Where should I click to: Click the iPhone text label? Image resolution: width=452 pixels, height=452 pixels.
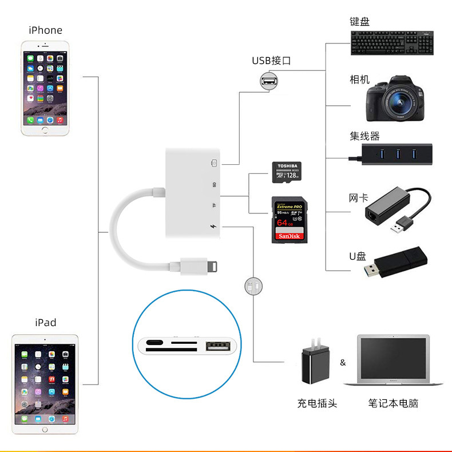click(x=45, y=30)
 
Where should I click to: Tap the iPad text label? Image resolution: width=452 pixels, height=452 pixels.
click(x=45, y=322)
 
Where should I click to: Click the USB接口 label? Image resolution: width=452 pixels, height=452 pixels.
click(x=271, y=60)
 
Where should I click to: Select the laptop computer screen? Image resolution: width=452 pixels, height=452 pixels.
click(x=395, y=357)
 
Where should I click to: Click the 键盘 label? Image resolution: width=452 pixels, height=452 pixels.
click(x=360, y=22)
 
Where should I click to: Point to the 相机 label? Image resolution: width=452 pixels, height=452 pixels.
click(x=360, y=80)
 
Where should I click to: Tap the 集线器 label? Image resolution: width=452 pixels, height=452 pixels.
click(x=365, y=136)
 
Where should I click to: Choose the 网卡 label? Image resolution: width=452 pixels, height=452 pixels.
click(x=358, y=198)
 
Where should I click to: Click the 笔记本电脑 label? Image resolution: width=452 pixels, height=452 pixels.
click(x=393, y=403)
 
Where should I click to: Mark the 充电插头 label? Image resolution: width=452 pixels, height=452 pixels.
click(x=317, y=403)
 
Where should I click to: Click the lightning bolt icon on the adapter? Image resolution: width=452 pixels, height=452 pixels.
click(x=213, y=227)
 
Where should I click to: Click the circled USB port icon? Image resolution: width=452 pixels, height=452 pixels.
click(x=267, y=81)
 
